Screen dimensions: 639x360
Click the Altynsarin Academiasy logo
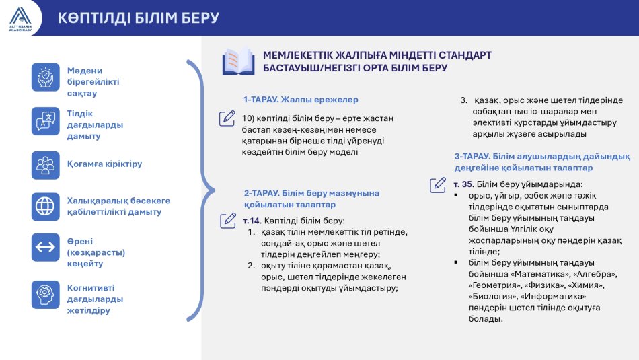tap(20, 19)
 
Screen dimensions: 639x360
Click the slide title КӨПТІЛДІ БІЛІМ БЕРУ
tap(139, 18)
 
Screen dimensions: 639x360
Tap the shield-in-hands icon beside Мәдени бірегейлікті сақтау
tap(46, 77)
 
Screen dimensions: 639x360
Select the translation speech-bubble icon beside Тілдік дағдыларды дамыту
tap(46, 121)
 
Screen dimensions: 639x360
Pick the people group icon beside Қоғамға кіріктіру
tap(46, 166)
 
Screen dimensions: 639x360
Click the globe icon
tap(46, 207)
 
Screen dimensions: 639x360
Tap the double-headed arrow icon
tap(46, 248)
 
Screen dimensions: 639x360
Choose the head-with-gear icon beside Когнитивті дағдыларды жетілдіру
tap(46, 294)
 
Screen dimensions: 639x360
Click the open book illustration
tap(238, 62)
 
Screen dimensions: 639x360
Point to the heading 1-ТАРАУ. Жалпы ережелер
tap(301, 100)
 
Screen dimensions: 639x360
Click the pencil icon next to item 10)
tap(227, 118)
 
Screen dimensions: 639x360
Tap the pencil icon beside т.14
tap(228, 221)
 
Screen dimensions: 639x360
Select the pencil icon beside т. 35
tap(438, 184)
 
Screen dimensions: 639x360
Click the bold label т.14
tap(252, 221)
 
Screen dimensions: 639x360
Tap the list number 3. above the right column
tap(464, 100)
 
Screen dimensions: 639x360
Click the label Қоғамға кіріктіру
tap(105, 164)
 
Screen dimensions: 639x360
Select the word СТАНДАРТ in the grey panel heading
tap(465, 55)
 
